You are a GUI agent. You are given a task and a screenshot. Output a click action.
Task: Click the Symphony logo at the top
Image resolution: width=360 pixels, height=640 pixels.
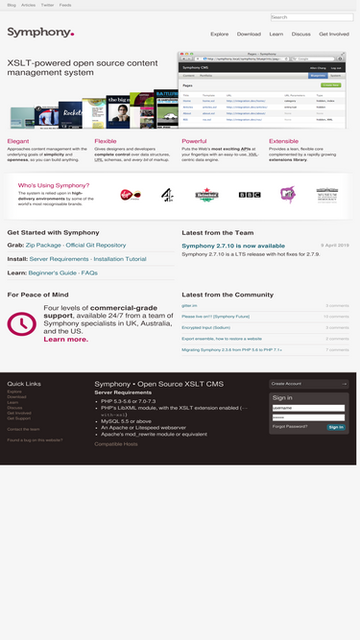point(40,33)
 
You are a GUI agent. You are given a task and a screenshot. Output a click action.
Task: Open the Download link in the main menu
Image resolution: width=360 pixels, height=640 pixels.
point(249,34)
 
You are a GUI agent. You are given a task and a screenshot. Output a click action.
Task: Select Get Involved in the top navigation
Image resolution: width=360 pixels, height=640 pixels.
point(334,34)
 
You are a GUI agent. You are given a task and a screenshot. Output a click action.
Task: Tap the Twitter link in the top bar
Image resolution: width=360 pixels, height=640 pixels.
point(47,5)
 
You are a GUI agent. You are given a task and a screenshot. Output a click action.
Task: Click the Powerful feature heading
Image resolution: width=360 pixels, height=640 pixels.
point(194,141)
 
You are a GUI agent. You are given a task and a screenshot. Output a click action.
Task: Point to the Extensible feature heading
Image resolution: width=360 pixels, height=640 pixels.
point(283,141)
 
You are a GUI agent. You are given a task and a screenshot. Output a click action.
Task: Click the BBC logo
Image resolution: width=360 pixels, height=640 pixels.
point(250,195)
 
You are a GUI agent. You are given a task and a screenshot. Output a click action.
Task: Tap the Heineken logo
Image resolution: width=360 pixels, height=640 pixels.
point(207,195)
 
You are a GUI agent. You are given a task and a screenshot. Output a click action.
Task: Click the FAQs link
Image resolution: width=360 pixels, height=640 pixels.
point(89,273)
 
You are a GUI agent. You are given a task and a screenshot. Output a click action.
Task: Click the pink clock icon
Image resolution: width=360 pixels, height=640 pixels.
point(21,324)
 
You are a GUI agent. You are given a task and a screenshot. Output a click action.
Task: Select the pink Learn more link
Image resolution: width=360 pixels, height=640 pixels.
point(66,340)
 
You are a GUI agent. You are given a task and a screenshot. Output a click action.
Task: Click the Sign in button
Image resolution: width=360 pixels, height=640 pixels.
point(335,427)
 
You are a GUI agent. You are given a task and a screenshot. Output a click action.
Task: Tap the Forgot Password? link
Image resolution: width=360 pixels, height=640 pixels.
point(290,426)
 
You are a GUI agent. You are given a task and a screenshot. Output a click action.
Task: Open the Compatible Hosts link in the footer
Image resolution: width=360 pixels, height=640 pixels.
point(115,444)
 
